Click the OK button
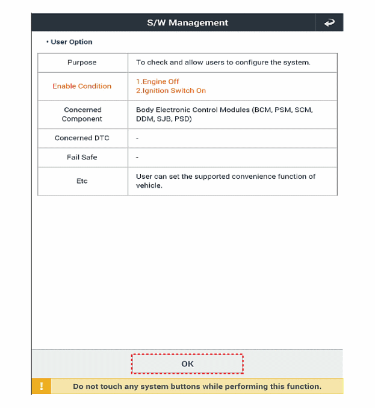point(187,364)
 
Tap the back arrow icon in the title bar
point(329,23)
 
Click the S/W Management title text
point(187,23)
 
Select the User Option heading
point(71,42)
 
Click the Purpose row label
point(82,63)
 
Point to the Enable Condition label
point(82,86)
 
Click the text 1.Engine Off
point(158,82)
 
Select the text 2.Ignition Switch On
point(171,91)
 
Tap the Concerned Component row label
point(82,114)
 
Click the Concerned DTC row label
point(82,138)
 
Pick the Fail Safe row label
point(82,157)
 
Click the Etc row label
point(82,181)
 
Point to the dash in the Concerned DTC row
point(138,138)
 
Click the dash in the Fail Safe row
point(138,158)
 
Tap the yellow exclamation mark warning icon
point(42,386)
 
